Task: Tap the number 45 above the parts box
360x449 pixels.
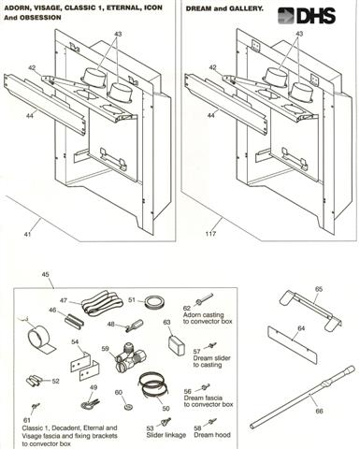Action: pos(46,274)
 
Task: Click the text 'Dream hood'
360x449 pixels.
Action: pos(207,434)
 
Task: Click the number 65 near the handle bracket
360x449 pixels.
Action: pos(318,291)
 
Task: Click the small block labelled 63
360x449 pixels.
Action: pos(171,342)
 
